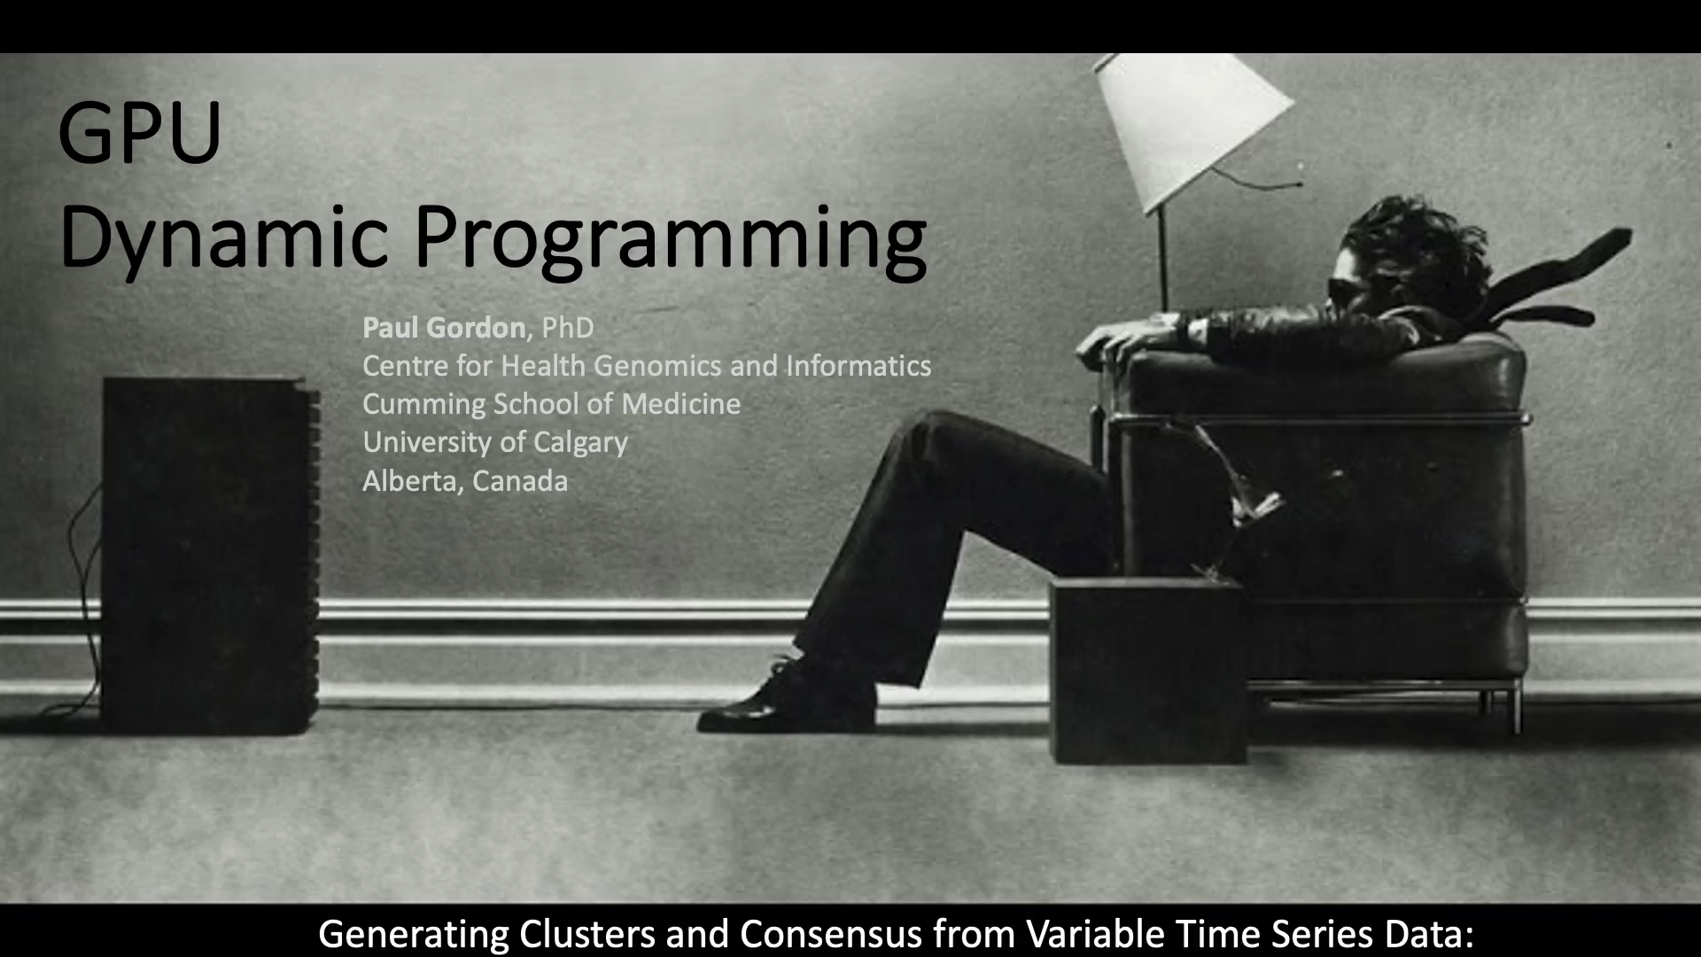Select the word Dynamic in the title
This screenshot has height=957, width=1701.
pyautogui.click(x=224, y=237)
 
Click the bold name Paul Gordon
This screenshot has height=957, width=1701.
pyautogui.click(x=443, y=328)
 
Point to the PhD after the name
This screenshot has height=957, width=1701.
pyautogui.click(x=568, y=328)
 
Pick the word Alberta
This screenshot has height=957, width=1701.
pyautogui.click(x=412, y=481)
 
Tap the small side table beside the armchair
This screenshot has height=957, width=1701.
pyautogui.click(x=1148, y=670)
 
